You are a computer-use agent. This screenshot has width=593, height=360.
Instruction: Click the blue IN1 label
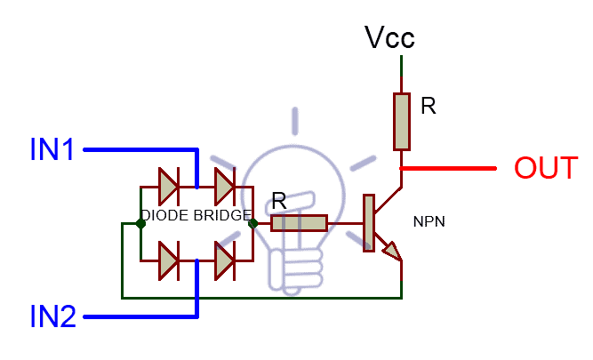[52, 149]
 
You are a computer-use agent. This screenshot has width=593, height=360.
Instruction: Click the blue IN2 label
[52, 316]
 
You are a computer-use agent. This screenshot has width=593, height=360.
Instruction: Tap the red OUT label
[546, 168]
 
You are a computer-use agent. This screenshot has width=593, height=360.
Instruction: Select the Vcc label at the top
[390, 37]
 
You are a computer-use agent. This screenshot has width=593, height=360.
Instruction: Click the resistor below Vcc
[403, 122]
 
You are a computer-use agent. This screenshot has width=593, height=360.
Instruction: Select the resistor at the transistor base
[299, 223]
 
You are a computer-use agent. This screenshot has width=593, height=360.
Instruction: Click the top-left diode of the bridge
[169, 187]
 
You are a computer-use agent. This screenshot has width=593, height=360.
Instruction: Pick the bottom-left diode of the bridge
[169, 260]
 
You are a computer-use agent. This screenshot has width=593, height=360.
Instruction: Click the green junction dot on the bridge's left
[140, 223]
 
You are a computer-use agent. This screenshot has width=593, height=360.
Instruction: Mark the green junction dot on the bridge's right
[252, 223]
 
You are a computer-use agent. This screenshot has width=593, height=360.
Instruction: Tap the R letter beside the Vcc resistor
[429, 108]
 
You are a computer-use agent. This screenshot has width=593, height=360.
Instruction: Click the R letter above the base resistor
[278, 202]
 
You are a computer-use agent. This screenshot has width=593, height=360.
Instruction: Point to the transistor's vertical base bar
[367, 223]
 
